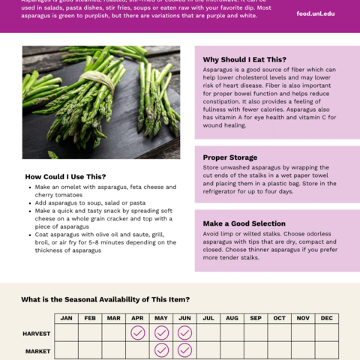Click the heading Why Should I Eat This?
[244, 59]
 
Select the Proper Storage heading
[230, 157]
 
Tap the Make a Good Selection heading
[244, 223]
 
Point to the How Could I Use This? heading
[65, 176]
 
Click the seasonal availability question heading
[106, 299]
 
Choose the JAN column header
[66, 318]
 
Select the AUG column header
[232, 318]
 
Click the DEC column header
[326, 318]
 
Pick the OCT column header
[279, 318]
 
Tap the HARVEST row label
[37, 332]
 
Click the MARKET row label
[37, 350]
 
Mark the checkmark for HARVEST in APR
[137, 332]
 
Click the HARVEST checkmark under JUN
[184, 332]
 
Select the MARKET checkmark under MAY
[161, 350]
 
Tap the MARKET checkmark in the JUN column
[184, 350]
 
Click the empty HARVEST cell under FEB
[90, 332]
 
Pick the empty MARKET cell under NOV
[303, 350]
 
